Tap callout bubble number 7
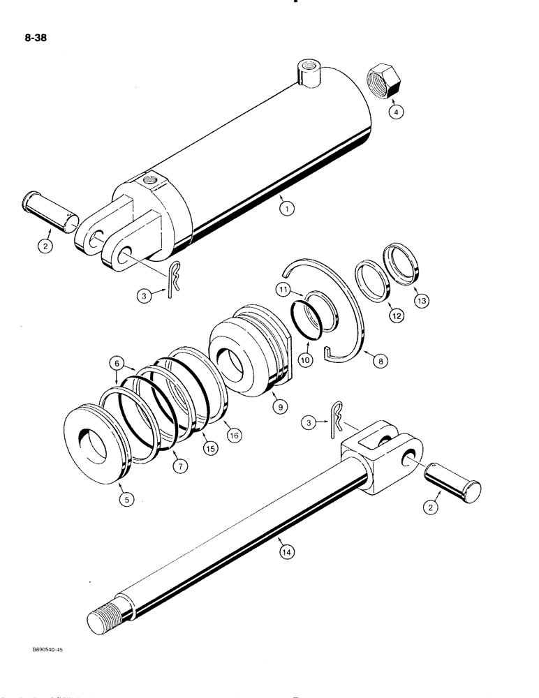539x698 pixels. (180, 468)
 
